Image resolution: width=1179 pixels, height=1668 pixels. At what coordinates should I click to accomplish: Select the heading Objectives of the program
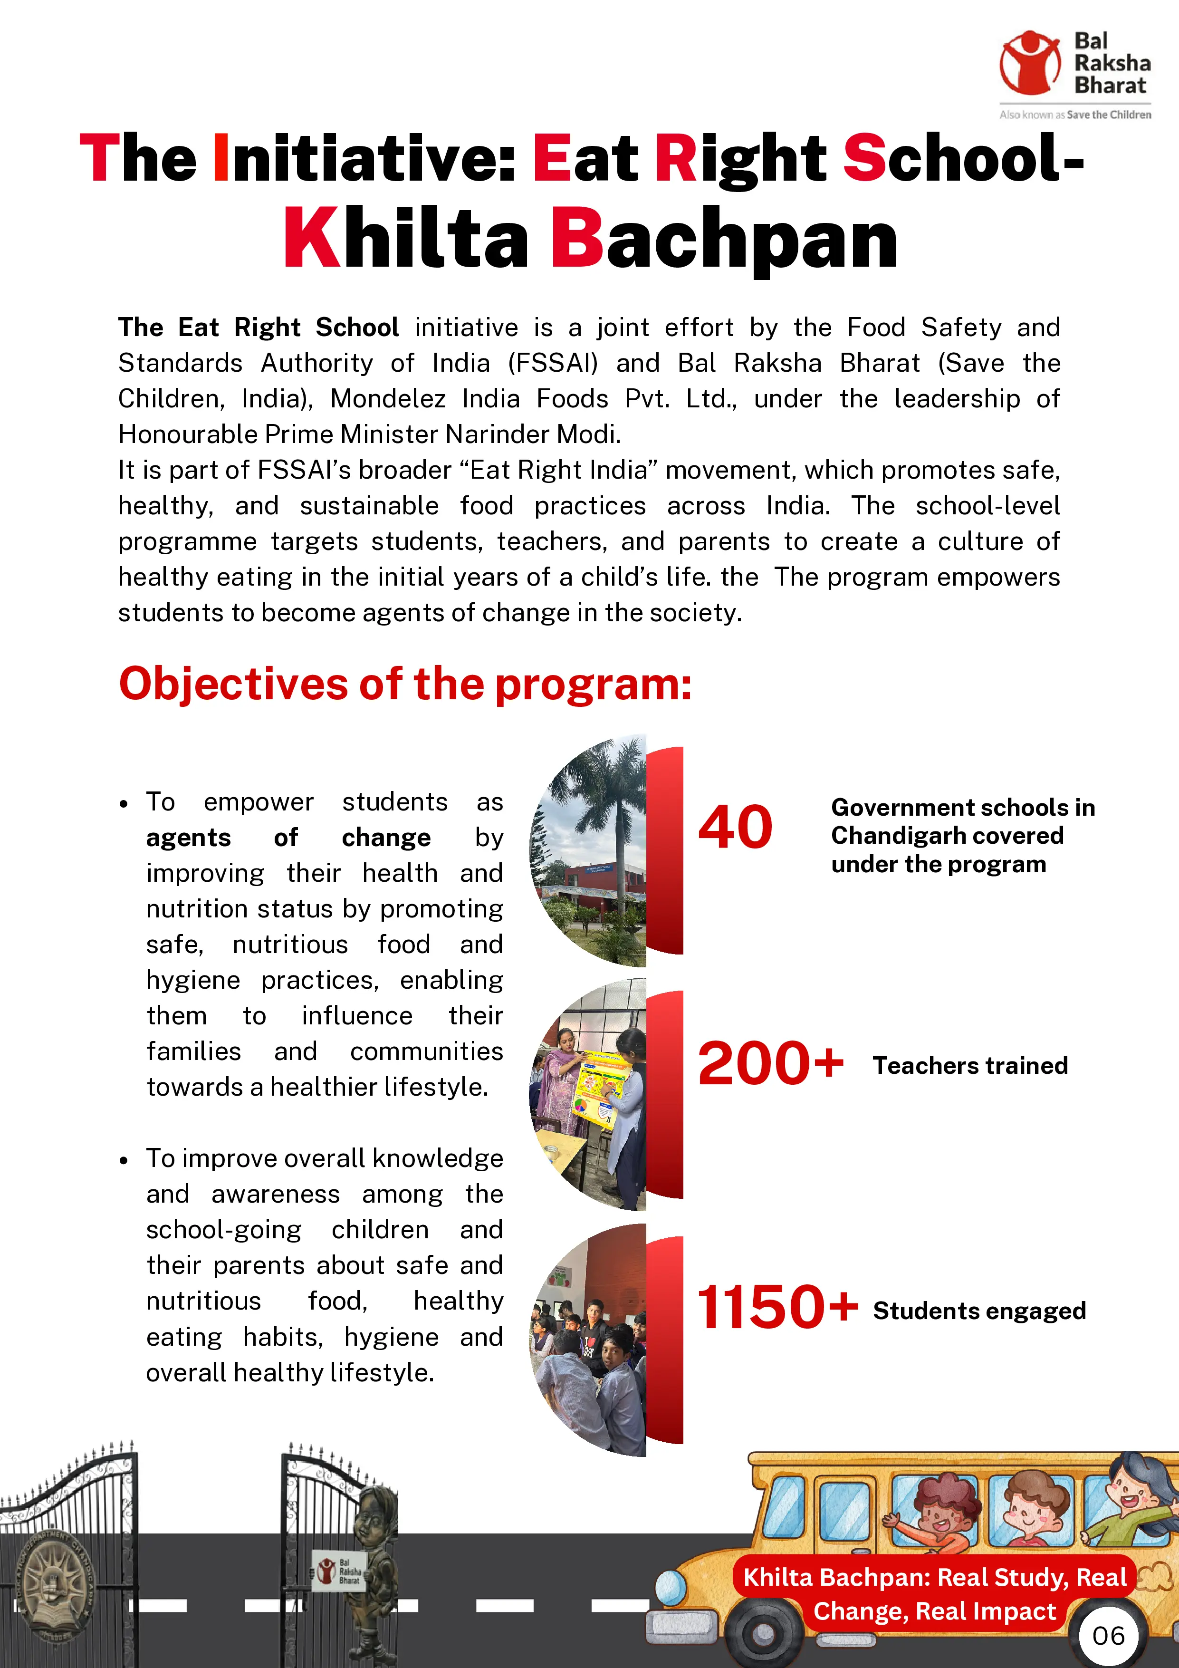click(x=404, y=685)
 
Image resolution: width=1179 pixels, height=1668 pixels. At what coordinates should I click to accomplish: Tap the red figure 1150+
click(x=776, y=1308)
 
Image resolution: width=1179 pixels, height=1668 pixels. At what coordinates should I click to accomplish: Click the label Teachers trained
click(x=970, y=1066)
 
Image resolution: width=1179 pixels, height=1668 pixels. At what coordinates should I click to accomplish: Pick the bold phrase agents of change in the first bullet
click(x=288, y=838)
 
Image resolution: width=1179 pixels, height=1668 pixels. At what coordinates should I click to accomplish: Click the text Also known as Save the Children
click(x=1074, y=115)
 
